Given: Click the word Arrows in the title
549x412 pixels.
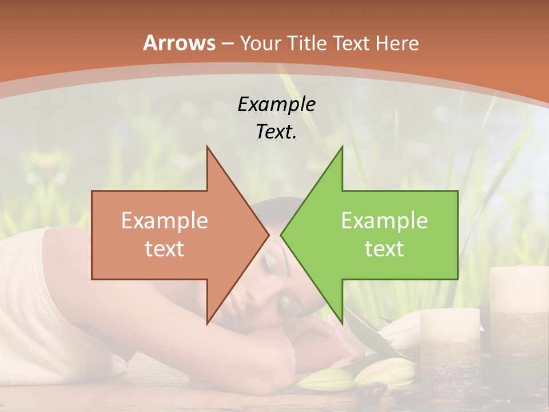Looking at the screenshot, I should (x=179, y=43).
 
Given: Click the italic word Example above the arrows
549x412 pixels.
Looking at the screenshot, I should (x=277, y=105).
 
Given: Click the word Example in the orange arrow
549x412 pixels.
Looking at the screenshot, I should (x=165, y=220).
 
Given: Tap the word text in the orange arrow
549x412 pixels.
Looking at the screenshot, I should (x=165, y=248).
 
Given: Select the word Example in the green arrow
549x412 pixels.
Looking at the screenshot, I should (x=384, y=220).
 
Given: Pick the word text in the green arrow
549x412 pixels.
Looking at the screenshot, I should (x=384, y=248).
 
